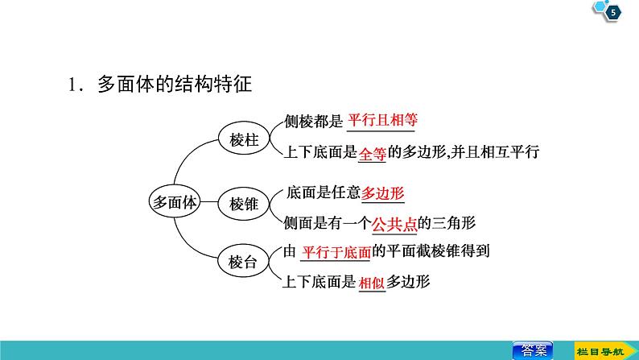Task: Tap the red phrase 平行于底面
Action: coord(335,252)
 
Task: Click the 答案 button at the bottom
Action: coord(532,350)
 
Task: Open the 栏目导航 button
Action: coord(600,350)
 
